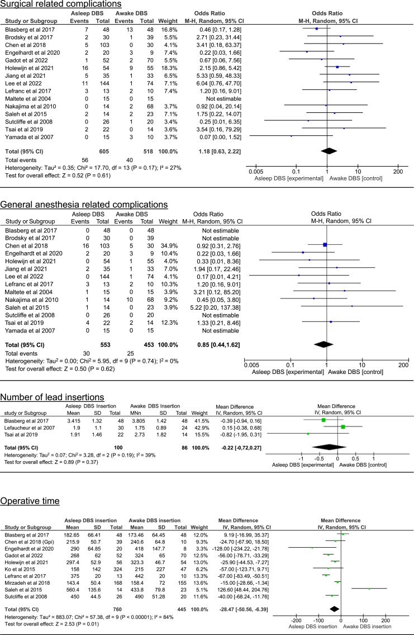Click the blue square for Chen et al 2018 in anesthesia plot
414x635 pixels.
coord(325,244)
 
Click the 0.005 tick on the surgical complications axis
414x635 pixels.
coord(256,172)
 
